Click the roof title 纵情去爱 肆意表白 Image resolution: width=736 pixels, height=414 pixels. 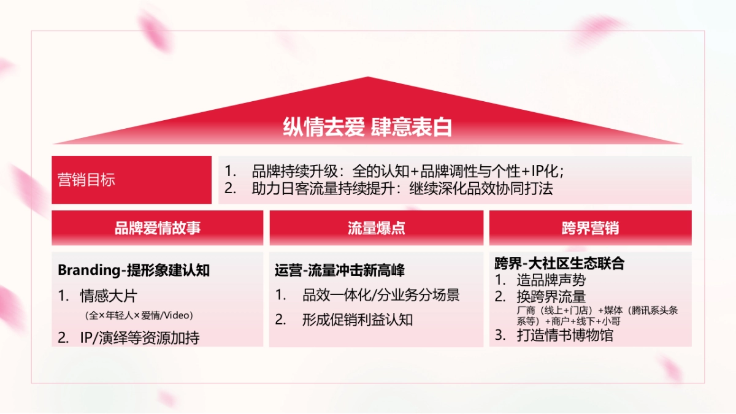coord(367,126)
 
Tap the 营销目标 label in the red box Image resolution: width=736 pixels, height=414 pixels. coord(86,180)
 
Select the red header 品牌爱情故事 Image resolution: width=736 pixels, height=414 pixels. coord(158,228)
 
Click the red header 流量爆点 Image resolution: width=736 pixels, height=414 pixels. coord(376,228)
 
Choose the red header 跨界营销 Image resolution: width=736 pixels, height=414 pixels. coord(590,228)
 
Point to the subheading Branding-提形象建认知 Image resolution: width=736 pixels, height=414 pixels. coord(134,270)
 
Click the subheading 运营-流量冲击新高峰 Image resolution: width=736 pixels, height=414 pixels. coord(340,270)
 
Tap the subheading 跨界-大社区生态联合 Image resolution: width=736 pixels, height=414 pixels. coord(559,263)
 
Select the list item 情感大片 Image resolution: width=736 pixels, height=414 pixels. coord(109,296)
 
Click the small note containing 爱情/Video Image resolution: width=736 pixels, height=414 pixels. coord(139,316)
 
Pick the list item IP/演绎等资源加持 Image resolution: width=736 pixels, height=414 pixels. coord(140,337)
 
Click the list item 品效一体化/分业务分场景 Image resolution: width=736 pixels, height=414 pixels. coord(380,295)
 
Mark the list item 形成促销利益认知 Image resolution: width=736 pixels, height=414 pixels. coord(358,320)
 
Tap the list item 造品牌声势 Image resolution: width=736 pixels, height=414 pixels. coord(551,280)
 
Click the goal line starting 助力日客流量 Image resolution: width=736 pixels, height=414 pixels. coord(402,189)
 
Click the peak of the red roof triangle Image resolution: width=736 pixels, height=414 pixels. coord(367,79)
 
